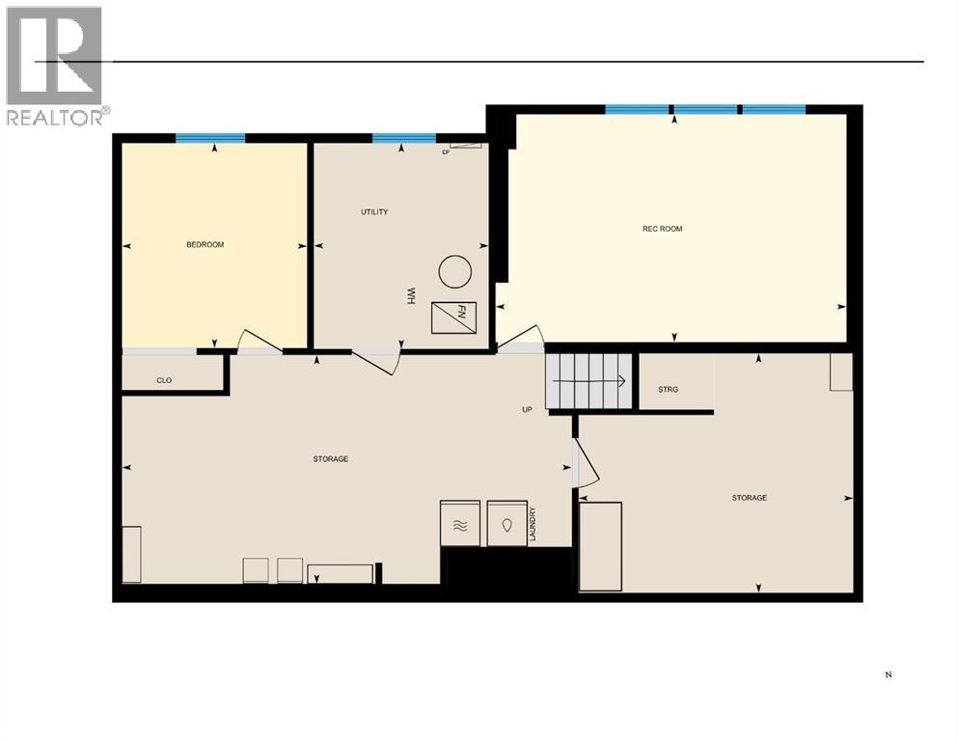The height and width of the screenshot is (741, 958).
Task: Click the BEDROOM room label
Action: click(x=205, y=245)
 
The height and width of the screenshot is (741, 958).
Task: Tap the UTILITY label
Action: click(x=374, y=212)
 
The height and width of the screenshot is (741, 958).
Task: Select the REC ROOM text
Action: click(x=662, y=229)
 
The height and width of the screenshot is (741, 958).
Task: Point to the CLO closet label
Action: click(x=164, y=381)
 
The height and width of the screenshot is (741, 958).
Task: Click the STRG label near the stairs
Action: click(x=668, y=390)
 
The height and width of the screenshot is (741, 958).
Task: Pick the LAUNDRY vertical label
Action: click(x=532, y=524)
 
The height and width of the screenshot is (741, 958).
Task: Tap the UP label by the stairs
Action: click(x=527, y=409)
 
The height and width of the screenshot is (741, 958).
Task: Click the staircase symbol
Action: click(x=588, y=380)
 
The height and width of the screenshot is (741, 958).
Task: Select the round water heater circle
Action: click(x=455, y=272)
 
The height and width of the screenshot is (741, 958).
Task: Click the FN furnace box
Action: click(x=453, y=317)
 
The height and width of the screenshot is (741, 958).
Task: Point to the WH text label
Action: click(x=410, y=295)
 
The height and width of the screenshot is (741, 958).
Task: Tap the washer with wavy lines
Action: click(x=460, y=524)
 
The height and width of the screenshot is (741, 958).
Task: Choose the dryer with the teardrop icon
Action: click(x=506, y=524)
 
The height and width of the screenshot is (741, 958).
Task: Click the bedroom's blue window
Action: click(x=210, y=138)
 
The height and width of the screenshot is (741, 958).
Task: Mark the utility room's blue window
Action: click(x=403, y=138)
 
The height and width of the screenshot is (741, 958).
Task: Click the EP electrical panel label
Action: click(x=446, y=151)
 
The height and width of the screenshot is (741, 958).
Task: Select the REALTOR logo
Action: click(x=55, y=66)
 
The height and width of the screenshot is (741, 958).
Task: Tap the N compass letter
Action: click(x=888, y=675)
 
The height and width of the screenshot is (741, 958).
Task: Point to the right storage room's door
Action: click(x=587, y=463)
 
